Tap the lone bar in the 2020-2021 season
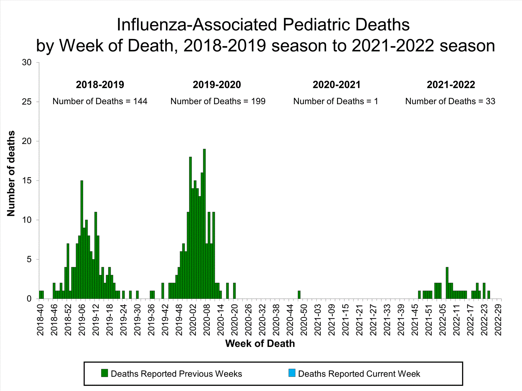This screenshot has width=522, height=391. tap(299, 295)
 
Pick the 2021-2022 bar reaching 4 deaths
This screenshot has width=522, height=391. tap(447, 283)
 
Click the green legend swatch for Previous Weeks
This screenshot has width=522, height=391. tap(104, 373)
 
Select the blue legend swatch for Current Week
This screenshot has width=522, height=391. tap(292, 373)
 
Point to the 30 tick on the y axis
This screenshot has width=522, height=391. tap(27, 63)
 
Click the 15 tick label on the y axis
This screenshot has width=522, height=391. tap(27, 181)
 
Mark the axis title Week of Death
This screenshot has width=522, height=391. tap(260, 343)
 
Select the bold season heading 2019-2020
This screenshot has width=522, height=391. tap(217, 84)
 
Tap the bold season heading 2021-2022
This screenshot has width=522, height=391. tap(451, 84)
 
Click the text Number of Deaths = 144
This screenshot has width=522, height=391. tap(100, 101)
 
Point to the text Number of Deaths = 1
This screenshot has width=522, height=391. tap(335, 101)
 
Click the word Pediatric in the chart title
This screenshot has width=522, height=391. tap(315, 25)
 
